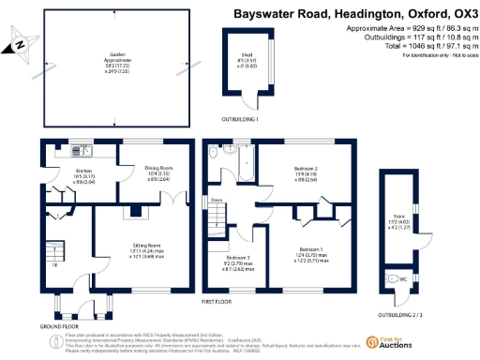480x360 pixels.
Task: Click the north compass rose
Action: pyautogui.click(x=21, y=44)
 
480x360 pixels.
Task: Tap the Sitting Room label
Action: pyautogui.click(x=143, y=248)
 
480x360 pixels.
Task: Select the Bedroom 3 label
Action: pyautogui.click(x=238, y=259)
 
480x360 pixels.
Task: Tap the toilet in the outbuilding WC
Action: pyautogui.click(x=392, y=278)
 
